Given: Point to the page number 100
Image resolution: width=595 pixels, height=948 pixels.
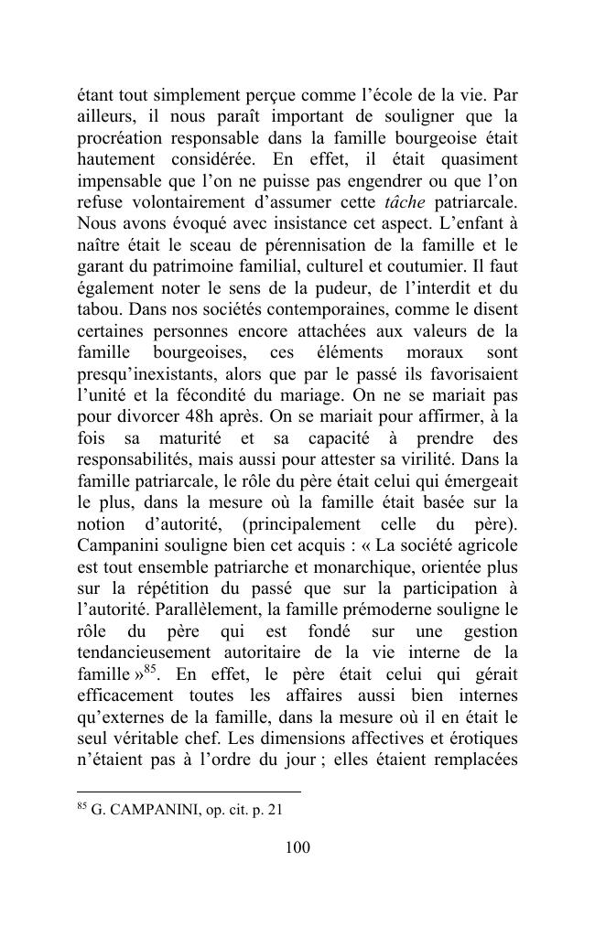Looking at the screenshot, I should [x=297, y=848].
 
